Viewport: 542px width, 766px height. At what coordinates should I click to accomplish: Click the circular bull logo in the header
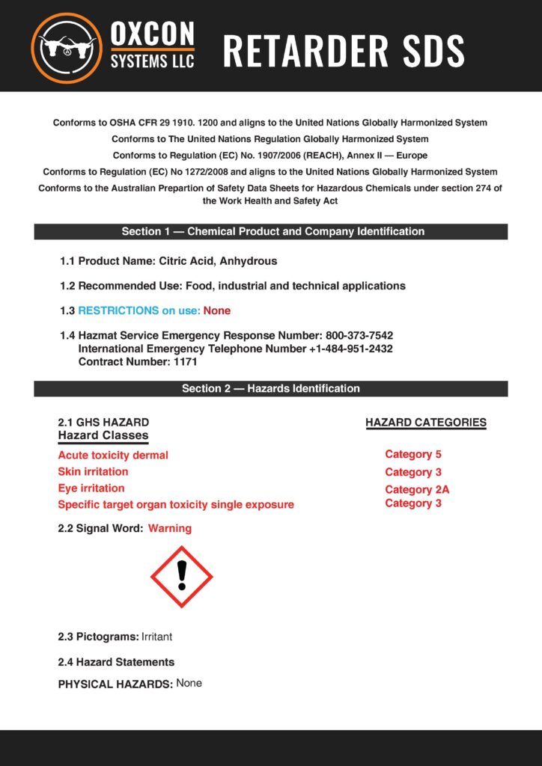[x=66, y=47]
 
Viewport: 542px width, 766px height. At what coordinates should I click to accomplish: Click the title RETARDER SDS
[x=344, y=51]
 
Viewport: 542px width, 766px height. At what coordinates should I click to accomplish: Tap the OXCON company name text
[x=153, y=34]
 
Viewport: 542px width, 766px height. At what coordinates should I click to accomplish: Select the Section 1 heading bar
[x=271, y=232]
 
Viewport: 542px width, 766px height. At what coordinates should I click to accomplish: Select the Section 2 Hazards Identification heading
[x=271, y=389]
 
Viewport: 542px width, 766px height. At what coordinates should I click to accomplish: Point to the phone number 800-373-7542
[x=359, y=336]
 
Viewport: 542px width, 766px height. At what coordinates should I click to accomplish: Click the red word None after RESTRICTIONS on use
[x=217, y=310]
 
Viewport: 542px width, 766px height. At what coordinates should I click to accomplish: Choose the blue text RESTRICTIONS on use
[x=139, y=310]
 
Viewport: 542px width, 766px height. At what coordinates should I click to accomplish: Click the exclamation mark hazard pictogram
[x=182, y=576]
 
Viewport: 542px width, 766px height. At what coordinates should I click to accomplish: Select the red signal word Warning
[x=170, y=528]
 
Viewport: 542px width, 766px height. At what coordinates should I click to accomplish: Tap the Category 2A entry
[x=417, y=490]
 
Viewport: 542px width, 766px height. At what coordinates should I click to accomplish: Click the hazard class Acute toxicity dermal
[x=113, y=455]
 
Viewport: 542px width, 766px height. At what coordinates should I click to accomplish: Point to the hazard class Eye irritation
[x=91, y=488]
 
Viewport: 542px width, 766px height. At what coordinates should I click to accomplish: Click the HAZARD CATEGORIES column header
[x=426, y=423]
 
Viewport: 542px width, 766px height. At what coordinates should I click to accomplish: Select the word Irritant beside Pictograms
[x=156, y=637]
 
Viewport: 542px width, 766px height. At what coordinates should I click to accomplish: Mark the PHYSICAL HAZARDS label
[x=115, y=684]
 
